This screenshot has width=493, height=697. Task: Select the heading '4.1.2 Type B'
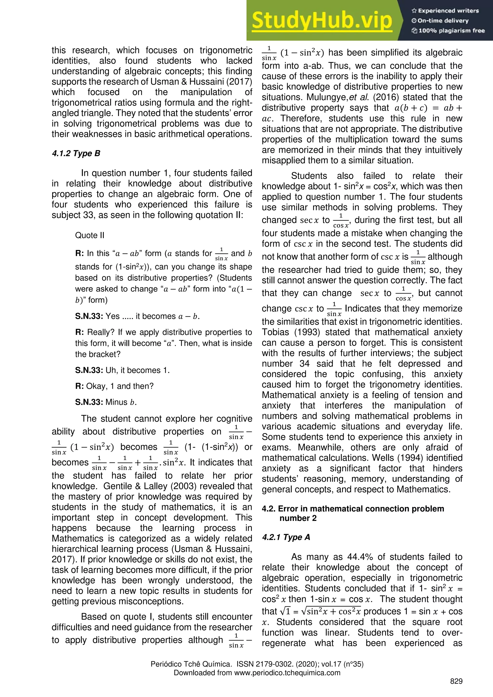(x=76, y=153)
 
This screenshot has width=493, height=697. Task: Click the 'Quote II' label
(x=90, y=235)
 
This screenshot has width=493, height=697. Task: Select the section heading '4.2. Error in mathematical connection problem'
(x=353, y=509)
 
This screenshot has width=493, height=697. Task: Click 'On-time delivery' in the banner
(x=443, y=21)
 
